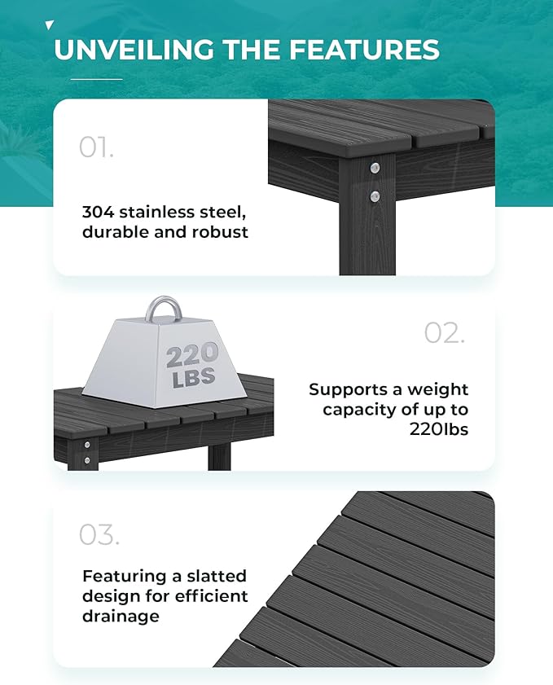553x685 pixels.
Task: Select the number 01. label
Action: (96, 147)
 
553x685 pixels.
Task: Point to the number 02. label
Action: (445, 332)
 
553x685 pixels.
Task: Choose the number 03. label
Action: (99, 535)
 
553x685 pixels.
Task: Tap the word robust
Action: (220, 231)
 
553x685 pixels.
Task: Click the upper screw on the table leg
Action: (375, 169)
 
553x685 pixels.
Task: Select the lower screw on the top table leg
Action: (375, 195)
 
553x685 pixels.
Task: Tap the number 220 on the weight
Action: (192, 354)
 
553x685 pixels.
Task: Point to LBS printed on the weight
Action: (193, 376)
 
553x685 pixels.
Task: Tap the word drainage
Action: (121, 616)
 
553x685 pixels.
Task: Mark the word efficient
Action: (208, 596)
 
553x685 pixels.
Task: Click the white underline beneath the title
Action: (96, 79)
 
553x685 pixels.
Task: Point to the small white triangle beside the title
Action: (50, 26)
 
